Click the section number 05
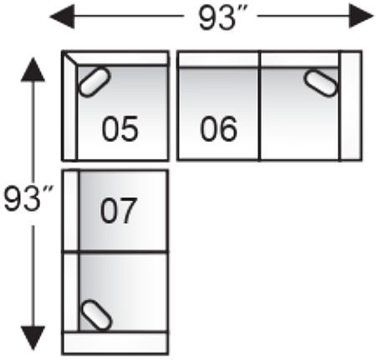coord(120,129)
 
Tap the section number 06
coord(219,129)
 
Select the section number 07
coord(119,210)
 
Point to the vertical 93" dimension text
coord(28,198)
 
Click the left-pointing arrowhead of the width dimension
coord(62,17)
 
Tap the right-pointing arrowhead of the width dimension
coord(361,16)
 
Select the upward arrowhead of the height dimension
coord(33,69)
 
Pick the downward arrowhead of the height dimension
coord(33,338)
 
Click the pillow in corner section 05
coord(94,82)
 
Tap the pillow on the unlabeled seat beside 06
coord(321,84)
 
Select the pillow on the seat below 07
coord(96,315)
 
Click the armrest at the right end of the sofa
coord(351,106)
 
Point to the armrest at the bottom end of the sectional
coord(115,343)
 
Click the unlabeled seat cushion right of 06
coord(300,114)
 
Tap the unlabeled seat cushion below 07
coord(124,292)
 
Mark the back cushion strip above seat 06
coord(219,59)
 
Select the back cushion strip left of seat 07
coord(71,210)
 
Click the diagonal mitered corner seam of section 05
coord(70,59)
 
